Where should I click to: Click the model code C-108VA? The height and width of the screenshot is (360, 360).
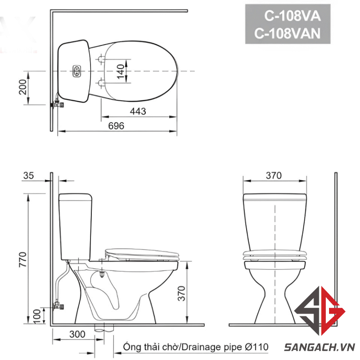click(x=292, y=16)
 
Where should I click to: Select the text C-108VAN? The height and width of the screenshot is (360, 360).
click(x=287, y=33)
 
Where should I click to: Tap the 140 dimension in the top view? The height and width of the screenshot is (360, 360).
click(x=120, y=71)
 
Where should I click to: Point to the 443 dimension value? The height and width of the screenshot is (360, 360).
click(x=138, y=111)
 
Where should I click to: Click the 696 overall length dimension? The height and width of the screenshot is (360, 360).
click(x=116, y=126)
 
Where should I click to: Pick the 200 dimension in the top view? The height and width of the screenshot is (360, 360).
click(x=22, y=87)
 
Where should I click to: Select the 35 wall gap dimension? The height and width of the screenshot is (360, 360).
click(x=29, y=176)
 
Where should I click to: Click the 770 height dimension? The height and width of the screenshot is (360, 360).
click(x=22, y=259)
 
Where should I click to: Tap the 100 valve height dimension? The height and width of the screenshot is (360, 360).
click(x=37, y=316)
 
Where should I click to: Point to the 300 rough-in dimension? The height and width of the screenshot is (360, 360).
click(x=77, y=334)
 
